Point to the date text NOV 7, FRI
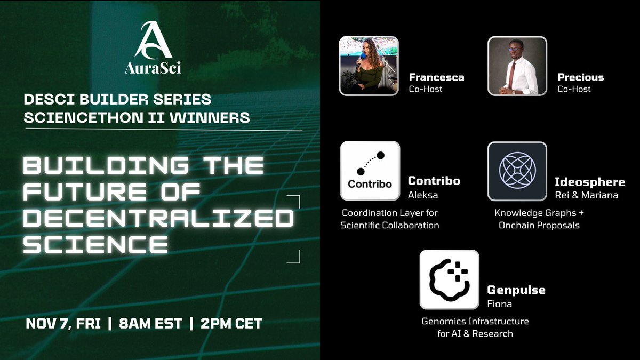(x=63, y=323)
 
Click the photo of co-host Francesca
(x=369, y=66)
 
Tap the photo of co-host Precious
(x=517, y=66)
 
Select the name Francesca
(x=436, y=77)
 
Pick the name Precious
(x=581, y=77)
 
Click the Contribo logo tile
(x=370, y=171)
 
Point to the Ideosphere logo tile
(x=517, y=171)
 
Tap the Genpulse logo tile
(x=449, y=279)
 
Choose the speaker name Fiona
(x=499, y=304)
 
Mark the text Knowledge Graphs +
(x=539, y=213)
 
